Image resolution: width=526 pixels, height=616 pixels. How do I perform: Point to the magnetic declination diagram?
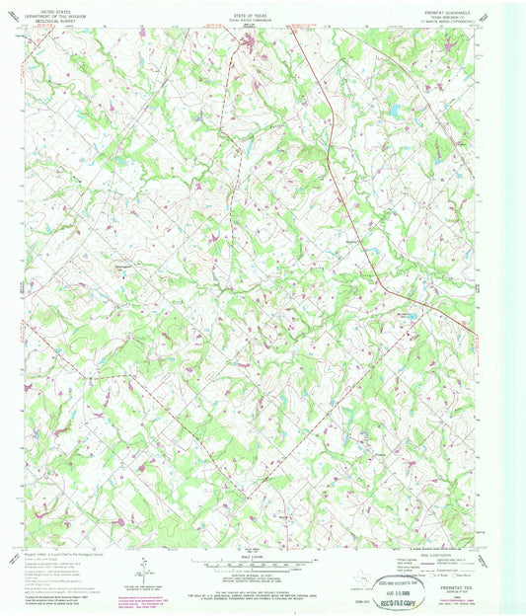(144, 570)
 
